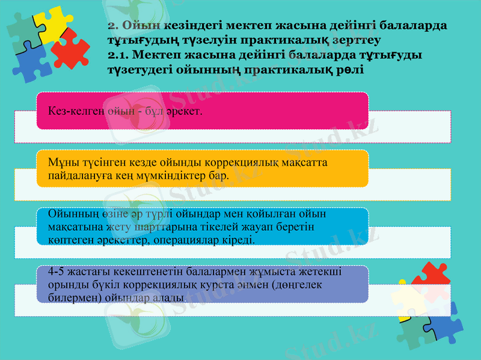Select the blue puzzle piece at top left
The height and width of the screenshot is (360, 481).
pyautogui.click(x=30, y=60)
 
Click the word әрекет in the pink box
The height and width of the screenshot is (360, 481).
pyautogui.click(x=185, y=112)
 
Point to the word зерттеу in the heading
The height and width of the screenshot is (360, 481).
pyautogui.click(x=355, y=40)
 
